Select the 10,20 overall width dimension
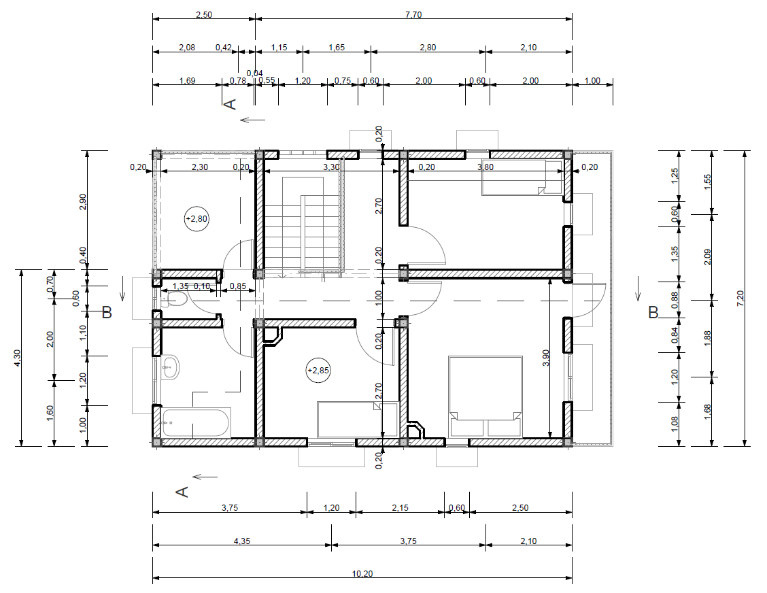coord(362,573)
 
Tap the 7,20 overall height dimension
coord(740,298)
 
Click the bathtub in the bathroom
coord(196,423)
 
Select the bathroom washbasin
coord(171,367)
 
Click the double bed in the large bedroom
coord(485,396)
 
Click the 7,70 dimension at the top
coord(413,15)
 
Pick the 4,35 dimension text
coord(241,541)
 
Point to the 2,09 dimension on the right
coord(707,257)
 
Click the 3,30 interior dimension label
coord(331,167)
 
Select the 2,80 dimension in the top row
coord(428,48)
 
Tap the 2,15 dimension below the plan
coord(400,508)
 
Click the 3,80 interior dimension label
coord(485,167)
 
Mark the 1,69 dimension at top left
coord(188,81)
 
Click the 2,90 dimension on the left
coord(82,202)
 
